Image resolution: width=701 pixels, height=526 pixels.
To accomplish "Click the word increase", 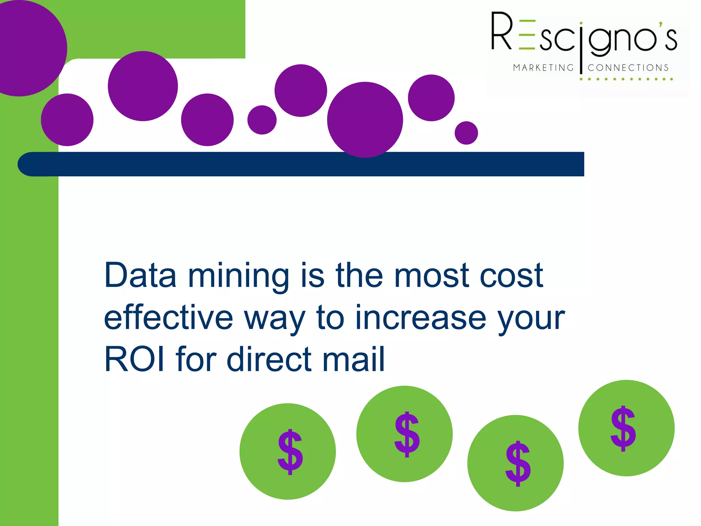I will point(421,317).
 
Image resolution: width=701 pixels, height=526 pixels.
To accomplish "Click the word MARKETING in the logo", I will point(543,68).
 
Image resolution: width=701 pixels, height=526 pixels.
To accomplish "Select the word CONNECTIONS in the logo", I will point(628,68).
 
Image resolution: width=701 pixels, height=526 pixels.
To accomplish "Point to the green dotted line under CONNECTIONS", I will point(626,79).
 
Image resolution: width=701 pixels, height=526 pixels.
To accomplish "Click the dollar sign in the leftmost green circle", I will point(290,452).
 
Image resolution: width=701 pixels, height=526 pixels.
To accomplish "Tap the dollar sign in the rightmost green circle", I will point(623,429).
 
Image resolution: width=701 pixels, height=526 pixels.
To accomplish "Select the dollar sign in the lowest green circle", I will point(518,464).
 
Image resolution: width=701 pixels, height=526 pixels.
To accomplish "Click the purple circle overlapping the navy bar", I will point(365,120).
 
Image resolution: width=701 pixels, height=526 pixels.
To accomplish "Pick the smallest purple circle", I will point(466,133).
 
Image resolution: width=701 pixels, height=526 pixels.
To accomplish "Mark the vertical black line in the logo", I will point(581,48).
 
